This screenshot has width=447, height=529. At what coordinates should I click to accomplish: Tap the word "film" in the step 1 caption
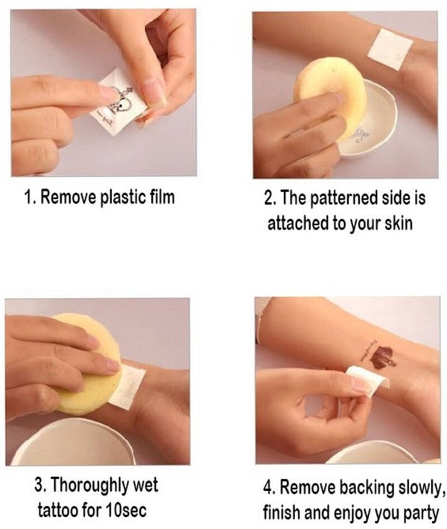[162, 197]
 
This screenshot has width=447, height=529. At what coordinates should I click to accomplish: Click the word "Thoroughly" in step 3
[89, 486]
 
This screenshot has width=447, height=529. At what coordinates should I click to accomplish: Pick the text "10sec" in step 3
[125, 510]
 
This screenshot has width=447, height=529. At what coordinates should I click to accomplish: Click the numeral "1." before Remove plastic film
[31, 197]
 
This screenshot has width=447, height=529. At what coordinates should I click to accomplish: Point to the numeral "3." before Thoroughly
[40, 485]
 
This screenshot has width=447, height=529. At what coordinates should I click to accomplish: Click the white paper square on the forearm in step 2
[390, 49]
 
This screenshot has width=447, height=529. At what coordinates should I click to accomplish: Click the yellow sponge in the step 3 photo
[89, 364]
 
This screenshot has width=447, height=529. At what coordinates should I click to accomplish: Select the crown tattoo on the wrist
[382, 358]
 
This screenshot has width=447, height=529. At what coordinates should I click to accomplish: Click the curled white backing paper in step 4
[368, 381]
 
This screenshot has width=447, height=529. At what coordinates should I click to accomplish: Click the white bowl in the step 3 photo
[72, 442]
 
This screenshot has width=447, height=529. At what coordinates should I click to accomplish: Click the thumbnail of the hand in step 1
[153, 92]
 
